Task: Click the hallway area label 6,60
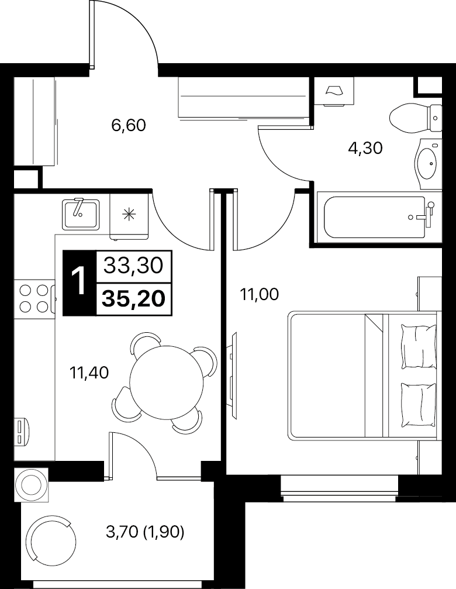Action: (x=129, y=126)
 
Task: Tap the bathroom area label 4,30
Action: (x=365, y=149)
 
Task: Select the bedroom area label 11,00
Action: (x=260, y=295)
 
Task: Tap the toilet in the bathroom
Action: (x=416, y=118)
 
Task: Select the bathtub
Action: (x=379, y=217)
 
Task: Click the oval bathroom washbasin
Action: (x=427, y=164)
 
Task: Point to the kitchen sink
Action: (x=81, y=213)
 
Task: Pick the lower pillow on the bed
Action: (x=419, y=404)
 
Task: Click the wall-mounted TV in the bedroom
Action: (x=233, y=376)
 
